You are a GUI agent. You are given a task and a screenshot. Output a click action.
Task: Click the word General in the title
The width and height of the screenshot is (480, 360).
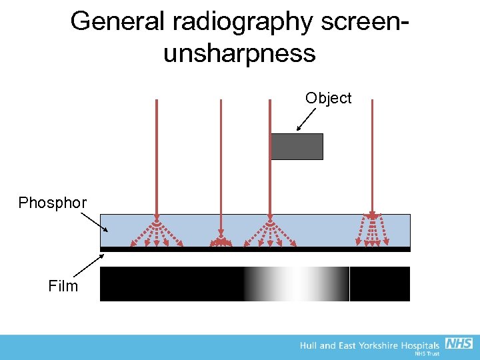[x=117, y=21]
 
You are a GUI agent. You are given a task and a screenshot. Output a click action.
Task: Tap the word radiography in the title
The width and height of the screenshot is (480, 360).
[x=242, y=23]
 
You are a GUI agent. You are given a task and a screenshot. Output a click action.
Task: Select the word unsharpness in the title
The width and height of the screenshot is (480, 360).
[x=239, y=53]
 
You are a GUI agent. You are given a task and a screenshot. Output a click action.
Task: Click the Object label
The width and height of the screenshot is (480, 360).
[x=328, y=99]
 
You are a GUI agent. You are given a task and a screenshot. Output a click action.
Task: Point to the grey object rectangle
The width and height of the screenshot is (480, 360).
[x=297, y=147]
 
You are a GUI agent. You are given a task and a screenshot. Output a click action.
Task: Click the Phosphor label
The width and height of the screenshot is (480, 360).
[x=52, y=203]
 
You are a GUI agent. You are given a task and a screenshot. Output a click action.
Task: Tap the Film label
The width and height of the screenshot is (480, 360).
[x=63, y=287]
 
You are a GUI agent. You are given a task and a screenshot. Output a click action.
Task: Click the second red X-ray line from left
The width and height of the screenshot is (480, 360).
[x=221, y=160]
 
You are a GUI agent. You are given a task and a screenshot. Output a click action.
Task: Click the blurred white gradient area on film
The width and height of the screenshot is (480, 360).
[x=293, y=284]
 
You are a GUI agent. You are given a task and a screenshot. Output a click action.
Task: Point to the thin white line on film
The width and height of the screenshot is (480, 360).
[x=349, y=284]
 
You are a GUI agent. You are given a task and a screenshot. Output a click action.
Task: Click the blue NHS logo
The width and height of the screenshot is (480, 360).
[x=459, y=343]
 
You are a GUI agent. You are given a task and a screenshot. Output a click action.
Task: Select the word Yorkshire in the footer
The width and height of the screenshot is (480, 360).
[x=377, y=345]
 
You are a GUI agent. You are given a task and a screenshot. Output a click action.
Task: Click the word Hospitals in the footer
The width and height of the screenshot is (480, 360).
[x=420, y=345]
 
